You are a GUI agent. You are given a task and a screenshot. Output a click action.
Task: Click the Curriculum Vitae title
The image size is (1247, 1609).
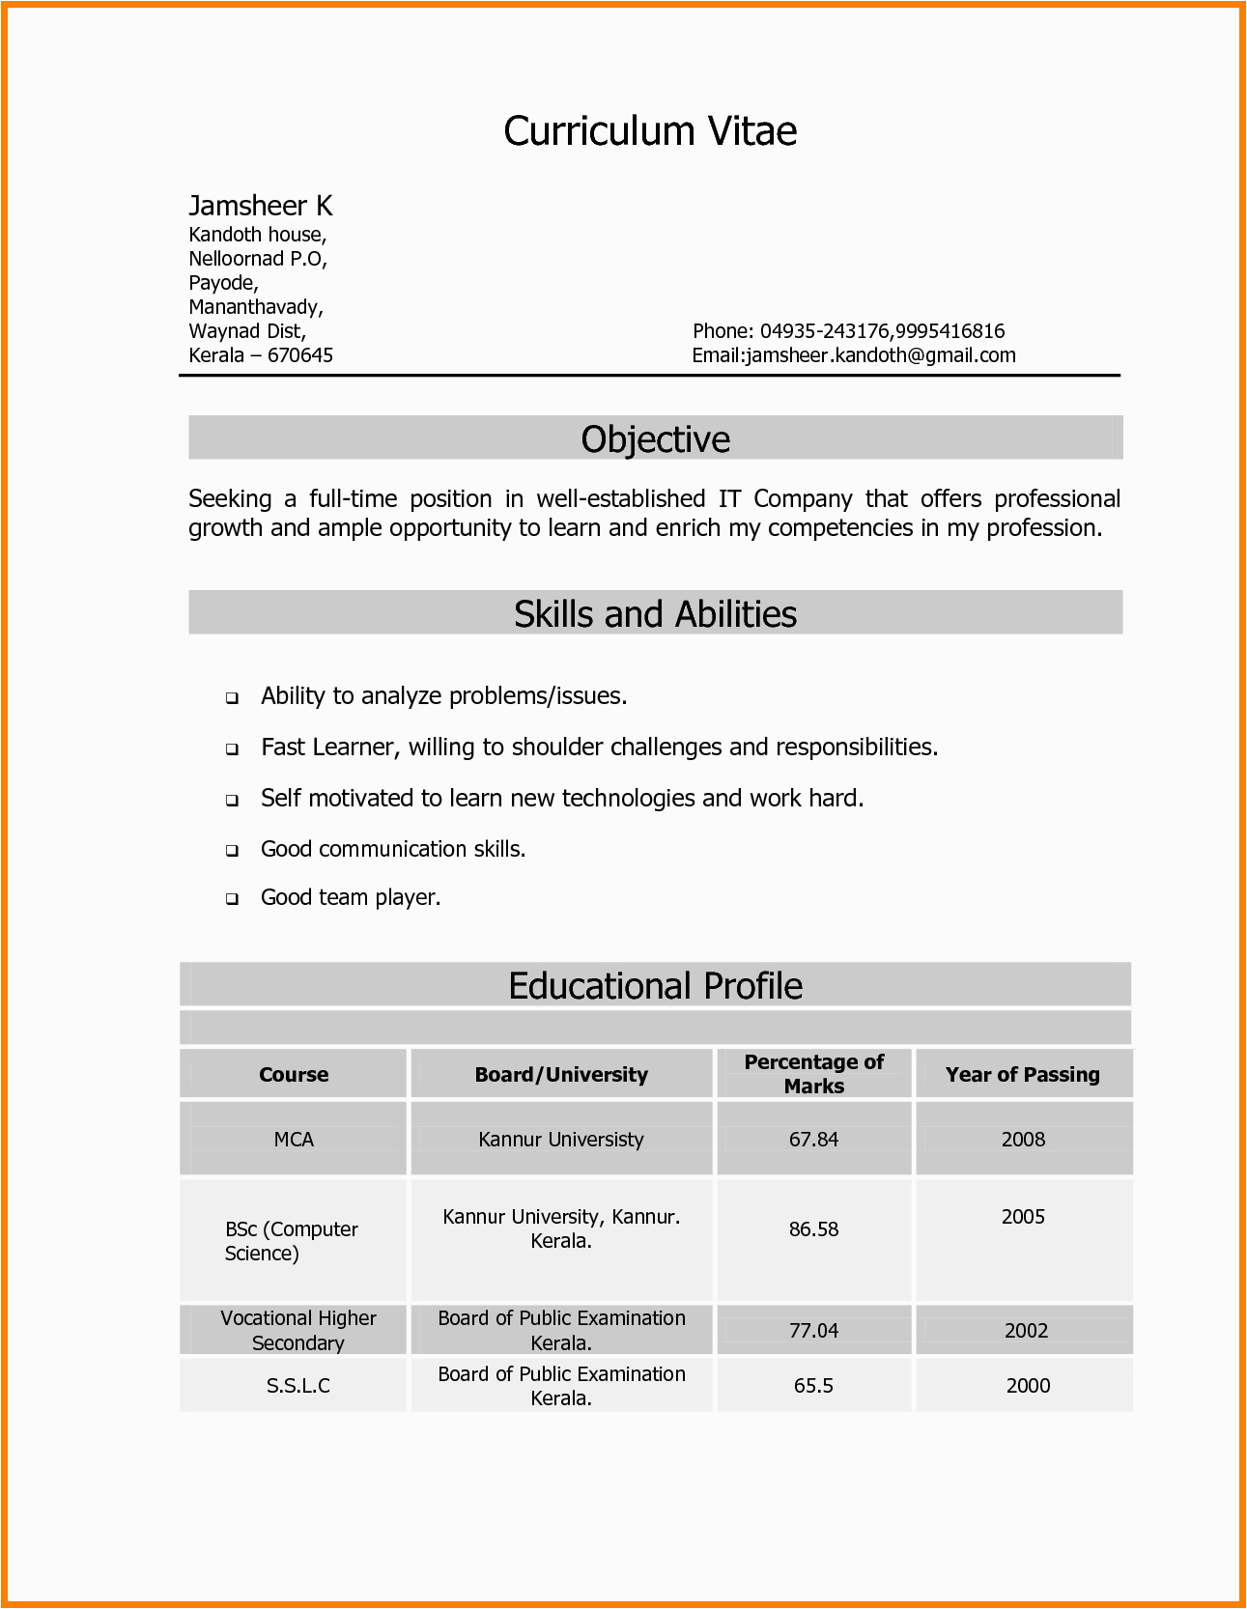(x=650, y=131)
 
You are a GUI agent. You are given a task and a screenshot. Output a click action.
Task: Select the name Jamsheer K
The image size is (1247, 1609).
(x=260, y=206)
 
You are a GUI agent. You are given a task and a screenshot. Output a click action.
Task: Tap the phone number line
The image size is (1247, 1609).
(x=848, y=331)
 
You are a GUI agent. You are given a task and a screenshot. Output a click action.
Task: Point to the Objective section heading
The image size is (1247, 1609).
(x=655, y=439)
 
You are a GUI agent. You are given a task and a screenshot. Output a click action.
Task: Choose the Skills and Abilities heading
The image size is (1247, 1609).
(x=655, y=614)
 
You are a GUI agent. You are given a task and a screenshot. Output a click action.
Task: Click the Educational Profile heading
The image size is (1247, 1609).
(x=655, y=986)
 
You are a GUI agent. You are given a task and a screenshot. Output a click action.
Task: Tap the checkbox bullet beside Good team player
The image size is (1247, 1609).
(x=232, y=899)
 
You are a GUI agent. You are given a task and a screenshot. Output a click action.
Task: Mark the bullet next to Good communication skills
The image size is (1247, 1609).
(x=232, y=851)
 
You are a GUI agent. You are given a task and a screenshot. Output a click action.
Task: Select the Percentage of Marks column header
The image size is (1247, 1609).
(x=813, y=1074)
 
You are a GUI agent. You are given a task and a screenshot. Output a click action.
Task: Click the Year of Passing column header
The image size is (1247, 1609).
(x=1022, y=1075)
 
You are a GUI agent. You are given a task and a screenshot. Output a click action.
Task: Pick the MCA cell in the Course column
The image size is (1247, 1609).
(x=294, y=1140)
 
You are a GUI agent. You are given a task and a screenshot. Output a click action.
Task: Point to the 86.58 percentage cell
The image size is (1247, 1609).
(x=813, y=1229)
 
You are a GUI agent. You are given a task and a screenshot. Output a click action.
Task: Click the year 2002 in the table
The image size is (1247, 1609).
(x=1026, y=1331)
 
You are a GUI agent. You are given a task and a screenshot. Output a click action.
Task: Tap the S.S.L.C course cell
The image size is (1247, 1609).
(x=298, y=1386)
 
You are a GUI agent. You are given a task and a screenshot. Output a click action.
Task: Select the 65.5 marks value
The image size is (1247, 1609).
(x=813, y=1386)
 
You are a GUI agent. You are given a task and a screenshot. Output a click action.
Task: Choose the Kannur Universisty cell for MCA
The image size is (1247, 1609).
(x=560, y=1140)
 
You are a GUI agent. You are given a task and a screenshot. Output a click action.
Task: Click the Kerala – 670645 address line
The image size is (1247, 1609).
(x=261, y=355)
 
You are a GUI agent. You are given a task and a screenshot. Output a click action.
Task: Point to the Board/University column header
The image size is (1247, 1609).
(x=560, y=1075)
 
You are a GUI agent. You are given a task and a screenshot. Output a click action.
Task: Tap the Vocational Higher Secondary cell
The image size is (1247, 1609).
(x=298, y=1331)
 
